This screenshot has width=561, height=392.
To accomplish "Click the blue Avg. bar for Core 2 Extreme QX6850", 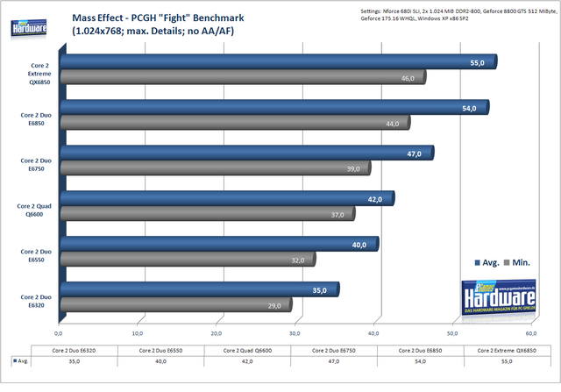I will [263, 61].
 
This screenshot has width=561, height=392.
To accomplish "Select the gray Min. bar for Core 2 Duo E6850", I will [228, 123].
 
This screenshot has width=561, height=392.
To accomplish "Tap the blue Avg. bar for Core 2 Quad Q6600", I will [219, 199].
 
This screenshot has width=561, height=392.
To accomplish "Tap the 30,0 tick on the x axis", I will [295, 333].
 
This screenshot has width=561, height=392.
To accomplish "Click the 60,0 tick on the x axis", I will [531, 333].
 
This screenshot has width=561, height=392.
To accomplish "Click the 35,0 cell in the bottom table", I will [74, 360].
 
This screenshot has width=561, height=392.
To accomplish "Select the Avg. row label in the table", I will [21, 360].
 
